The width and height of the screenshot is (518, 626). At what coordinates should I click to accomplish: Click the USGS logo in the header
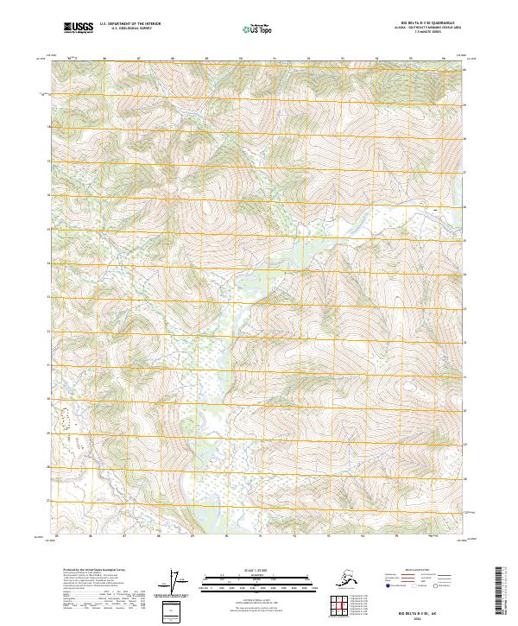pyautogui.click(x=79, y=28)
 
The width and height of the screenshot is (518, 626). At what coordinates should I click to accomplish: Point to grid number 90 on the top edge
pyautogui.click(x=240, y=59)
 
